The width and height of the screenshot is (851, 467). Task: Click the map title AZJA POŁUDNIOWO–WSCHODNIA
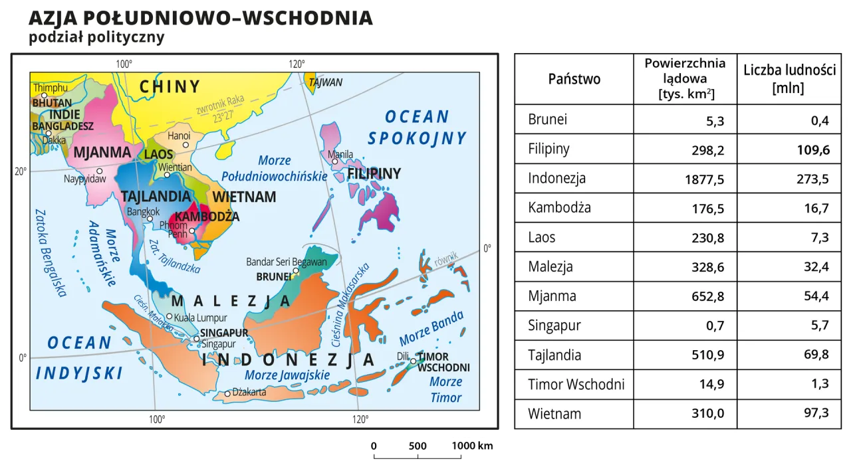200,18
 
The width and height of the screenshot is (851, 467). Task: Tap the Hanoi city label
179,136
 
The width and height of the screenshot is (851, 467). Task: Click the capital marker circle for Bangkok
150,219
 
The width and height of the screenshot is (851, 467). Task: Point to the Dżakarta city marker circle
227,394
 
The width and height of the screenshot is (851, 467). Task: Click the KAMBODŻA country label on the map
207,217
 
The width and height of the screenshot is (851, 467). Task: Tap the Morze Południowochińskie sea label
274,169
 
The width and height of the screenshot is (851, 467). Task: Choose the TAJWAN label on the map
325,82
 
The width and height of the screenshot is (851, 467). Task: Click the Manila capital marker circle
335,161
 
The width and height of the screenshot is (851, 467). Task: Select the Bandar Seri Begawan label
287,262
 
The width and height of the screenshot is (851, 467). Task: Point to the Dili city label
402,357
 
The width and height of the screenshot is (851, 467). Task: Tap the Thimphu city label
50,88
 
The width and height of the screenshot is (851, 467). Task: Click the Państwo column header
574,79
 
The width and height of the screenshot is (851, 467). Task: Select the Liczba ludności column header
789,79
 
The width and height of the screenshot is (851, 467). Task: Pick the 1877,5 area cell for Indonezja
704,179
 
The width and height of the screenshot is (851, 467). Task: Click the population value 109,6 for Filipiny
813,149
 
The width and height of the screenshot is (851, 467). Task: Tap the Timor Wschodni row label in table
576,385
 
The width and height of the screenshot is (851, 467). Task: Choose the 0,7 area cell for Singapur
715,326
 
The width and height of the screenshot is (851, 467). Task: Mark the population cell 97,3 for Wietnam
816,413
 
